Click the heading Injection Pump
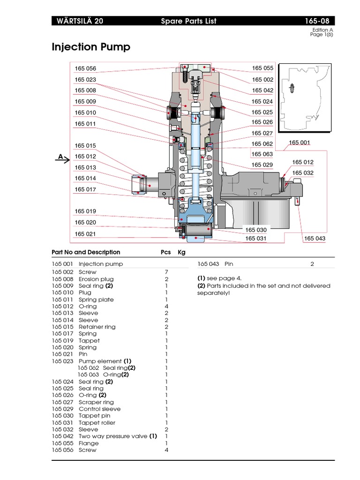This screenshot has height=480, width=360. [90, 47]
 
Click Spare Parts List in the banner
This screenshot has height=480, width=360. [188, 21]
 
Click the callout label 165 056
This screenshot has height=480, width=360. [85, 69]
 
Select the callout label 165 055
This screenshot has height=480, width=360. [262, 68]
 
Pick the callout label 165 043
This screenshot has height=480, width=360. [314, 239]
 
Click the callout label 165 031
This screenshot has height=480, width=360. [256, 239]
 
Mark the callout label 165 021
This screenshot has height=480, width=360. [85, 234]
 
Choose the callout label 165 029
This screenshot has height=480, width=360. [262, 165]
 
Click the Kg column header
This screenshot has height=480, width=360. [181, 252]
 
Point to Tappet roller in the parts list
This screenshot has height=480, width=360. [97, 422]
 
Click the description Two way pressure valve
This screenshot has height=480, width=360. [113, 436]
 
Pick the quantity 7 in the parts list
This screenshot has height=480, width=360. [166, 272]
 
